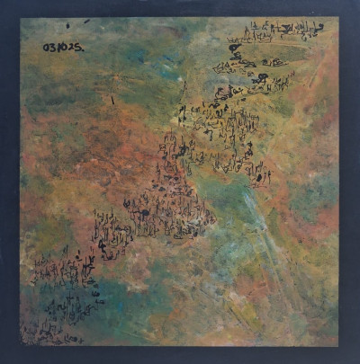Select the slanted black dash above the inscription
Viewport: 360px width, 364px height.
(86, 21)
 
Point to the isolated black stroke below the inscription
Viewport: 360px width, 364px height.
(112, 99)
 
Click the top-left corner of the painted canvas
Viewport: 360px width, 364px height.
(20, 17)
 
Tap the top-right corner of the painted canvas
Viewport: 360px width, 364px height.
(339, 18)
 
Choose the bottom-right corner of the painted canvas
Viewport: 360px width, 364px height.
(339, 346)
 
